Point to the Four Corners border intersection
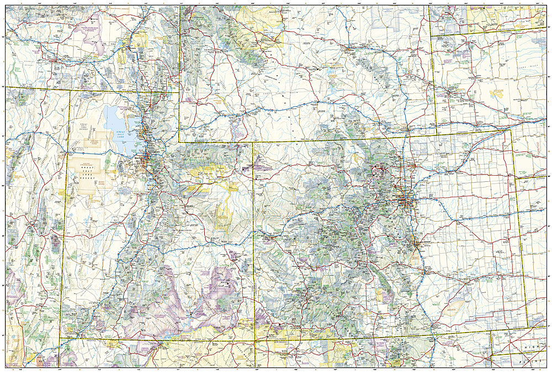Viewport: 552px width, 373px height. pos(254,339)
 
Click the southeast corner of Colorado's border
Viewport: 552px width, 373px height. pos(528,327)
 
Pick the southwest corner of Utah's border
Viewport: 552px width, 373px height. pos(59,339)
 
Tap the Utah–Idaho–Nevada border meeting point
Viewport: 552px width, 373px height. pos(70,91)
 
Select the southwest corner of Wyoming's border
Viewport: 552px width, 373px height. pos(179,141)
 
